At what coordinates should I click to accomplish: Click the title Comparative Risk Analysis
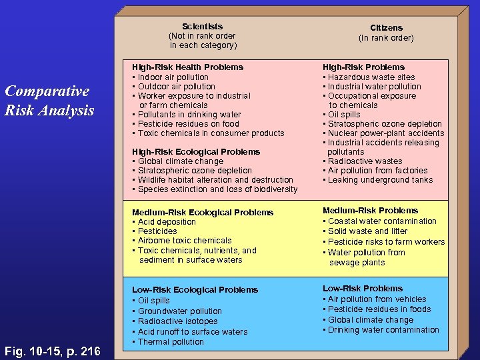[49, 101]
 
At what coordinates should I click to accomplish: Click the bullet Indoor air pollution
[173, 77]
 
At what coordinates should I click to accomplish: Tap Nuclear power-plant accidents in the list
[386, 133]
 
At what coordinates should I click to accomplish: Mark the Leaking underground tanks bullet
[380, 179]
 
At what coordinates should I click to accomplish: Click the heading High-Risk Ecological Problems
[196, 151]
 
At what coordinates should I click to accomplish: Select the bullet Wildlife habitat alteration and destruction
[215, 179]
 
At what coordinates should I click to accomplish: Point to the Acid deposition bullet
[167, 221]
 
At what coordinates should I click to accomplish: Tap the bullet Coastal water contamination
[382, 221]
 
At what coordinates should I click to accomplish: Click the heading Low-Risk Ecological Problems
[195, 289]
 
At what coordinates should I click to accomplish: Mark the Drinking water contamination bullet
[383, 329]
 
